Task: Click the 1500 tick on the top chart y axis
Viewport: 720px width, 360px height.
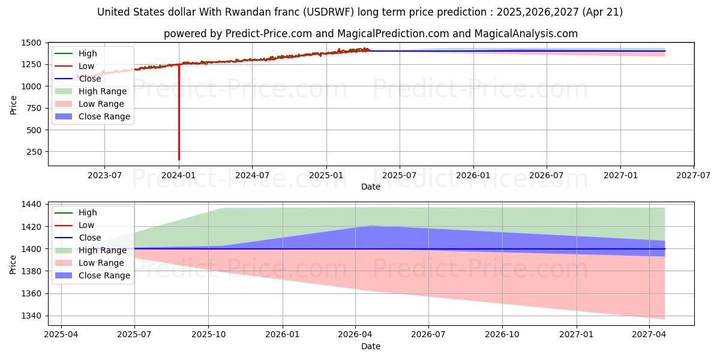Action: click(31, 43)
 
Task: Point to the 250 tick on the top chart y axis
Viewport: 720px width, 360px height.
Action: click(34, 152)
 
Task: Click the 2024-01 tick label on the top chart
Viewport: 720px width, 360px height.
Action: click(178, 175)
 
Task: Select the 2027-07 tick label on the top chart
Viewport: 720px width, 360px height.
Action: click(694, 175)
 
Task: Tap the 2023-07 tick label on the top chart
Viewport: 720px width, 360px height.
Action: click(104, 175)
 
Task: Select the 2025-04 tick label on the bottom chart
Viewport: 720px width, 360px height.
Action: click(61, 335)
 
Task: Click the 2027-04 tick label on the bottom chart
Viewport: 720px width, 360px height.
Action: click(650, 335)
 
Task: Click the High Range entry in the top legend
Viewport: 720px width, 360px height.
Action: click(103, 91)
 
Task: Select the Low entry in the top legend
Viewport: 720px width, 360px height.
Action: click(86, 66)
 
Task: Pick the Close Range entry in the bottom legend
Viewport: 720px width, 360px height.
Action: click(104, 275)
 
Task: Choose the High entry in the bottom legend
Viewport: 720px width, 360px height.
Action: click(88, 212)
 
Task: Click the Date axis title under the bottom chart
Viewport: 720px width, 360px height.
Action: click(371, 346)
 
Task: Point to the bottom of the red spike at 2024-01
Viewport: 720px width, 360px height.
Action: click(179, 160)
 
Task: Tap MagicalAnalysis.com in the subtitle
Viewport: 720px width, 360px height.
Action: click(526, 34)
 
